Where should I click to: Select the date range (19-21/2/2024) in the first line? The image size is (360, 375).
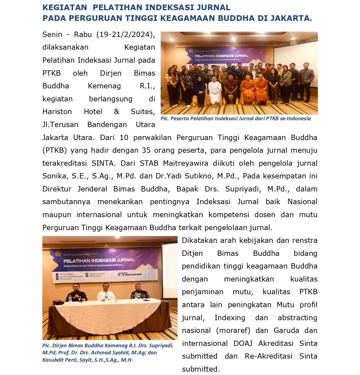[126, 34]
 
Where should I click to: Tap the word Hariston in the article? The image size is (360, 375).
[57, 112]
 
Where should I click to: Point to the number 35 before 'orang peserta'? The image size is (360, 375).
[147, 150]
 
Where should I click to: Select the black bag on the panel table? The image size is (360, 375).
[58, 302]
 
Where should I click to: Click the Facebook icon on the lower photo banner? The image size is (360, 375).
[57, 279]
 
